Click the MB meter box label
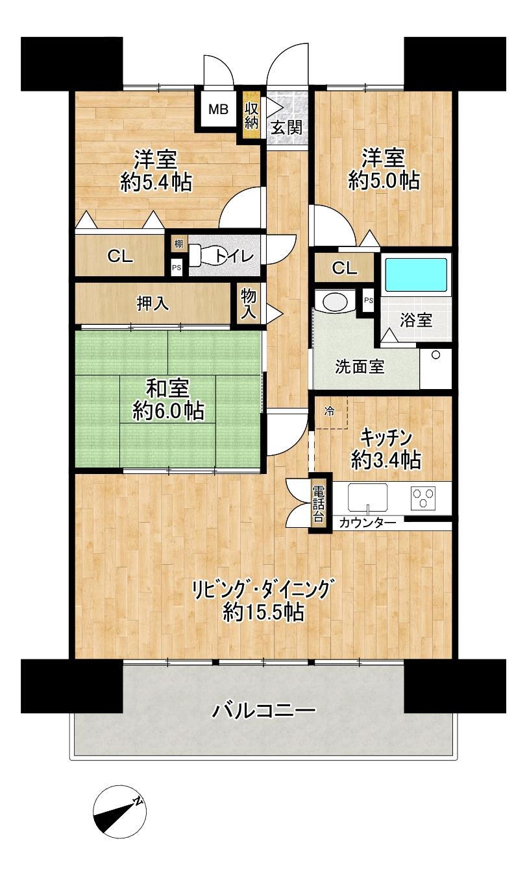[x=218, y=110]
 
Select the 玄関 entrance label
[x=286, y=127]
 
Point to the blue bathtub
[x=416, y=275]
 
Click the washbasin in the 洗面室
[x=335, y=302]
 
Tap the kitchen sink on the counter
[x=367, y=498]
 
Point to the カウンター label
[x=367, y=523]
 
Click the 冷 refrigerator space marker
[x=330, y=410]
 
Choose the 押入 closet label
[x=153, y=303]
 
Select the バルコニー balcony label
[x=264, y=711]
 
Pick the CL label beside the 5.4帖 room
[x=120, y=256]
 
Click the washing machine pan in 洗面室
[x=435, y=368]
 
